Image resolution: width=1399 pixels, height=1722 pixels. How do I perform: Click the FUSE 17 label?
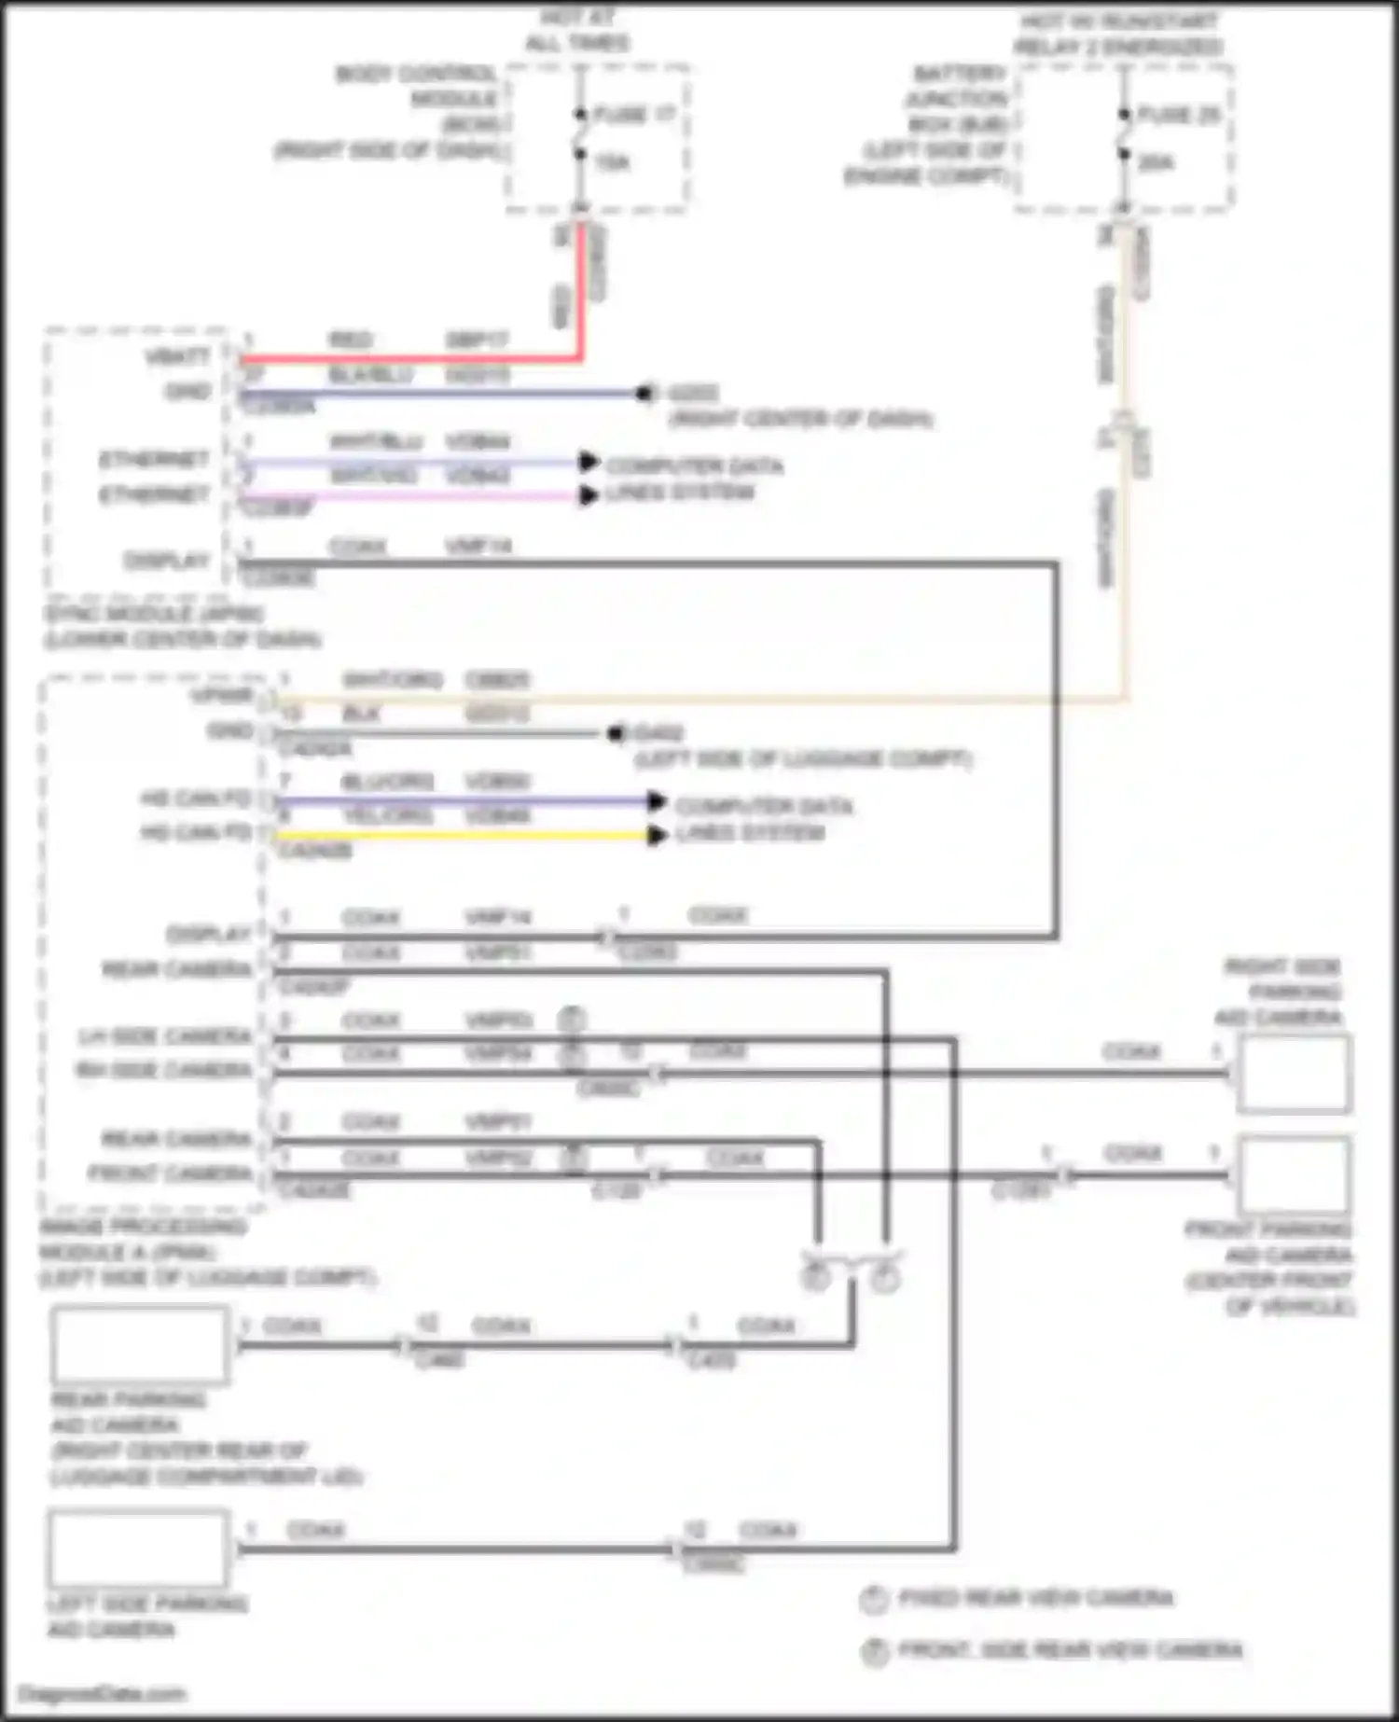tap(634, 115)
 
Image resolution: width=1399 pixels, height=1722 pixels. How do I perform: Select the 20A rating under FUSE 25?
tap(1156, 163)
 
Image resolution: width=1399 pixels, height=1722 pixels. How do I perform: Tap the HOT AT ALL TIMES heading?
tap(577, 31)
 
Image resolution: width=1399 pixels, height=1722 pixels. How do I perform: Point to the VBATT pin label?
tap(177, 356)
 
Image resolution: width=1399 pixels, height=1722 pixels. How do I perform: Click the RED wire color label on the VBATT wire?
tap(351, 340)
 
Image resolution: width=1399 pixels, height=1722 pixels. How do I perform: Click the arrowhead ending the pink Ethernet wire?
tap(588, 495)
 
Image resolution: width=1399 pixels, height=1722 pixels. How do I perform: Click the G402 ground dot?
tap(616, 734)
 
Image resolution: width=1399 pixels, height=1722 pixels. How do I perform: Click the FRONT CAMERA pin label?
tap(170, 1173)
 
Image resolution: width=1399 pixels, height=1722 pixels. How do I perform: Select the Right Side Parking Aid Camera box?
tap(1294, 1074)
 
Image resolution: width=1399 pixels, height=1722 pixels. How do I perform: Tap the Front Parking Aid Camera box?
tap(1294, 1174)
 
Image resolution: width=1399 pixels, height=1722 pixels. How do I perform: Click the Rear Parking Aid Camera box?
tap(140, 1344)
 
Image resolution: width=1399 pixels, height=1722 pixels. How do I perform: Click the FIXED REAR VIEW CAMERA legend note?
tap(1035, 1599)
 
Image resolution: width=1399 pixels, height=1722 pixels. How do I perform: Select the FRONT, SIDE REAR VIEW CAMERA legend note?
tap(1070, 1651)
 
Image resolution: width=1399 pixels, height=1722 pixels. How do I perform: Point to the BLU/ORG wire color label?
tap(387, 782)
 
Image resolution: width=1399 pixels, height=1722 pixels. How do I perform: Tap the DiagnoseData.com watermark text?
tap(102, 1694)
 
